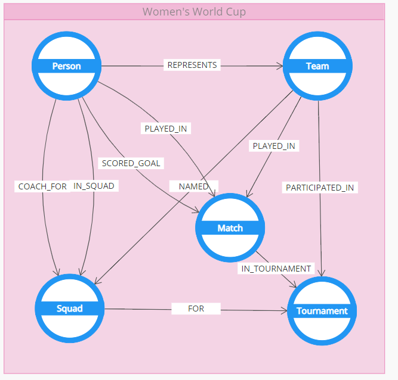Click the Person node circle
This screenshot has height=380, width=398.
point(66,66)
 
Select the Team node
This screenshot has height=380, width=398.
point(317,66)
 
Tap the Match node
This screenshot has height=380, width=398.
point(230,228)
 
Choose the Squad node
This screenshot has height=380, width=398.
point(70,308)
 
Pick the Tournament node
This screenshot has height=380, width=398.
point(322,310)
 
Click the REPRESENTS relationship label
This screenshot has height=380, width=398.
point(192,65)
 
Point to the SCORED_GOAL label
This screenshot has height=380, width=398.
point(131,163)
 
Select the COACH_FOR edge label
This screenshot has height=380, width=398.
point(42,186)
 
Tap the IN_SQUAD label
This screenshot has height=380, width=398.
point(94,186)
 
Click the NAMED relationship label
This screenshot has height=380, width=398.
point(194,186)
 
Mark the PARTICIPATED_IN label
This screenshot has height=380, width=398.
point(320,188)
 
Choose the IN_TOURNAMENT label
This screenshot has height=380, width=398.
point(276,269)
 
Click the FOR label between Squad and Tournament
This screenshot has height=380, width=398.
point(196,309)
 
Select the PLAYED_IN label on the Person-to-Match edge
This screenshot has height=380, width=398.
point(167,128)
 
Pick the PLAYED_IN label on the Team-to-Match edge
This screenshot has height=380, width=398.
point(274,145)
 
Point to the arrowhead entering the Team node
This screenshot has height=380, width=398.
point(279,66)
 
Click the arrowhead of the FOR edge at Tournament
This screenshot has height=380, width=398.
point(284,310)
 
